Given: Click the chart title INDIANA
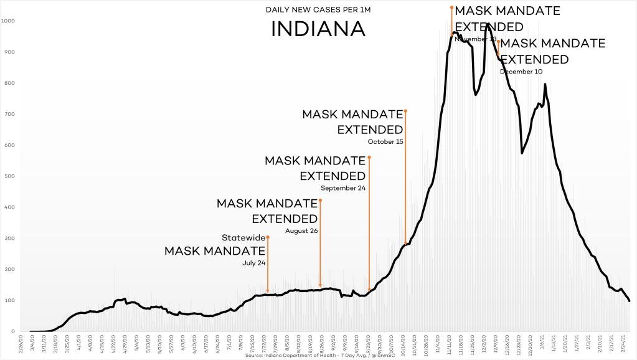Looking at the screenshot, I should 318,29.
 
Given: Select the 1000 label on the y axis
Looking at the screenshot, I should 8,21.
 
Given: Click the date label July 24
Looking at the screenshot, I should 254,263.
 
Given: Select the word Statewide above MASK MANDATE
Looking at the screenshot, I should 243,237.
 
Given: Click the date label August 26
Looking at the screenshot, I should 301,231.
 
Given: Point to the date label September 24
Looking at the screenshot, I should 342,188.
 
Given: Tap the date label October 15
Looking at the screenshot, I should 385,141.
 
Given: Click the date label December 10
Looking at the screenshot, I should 521,72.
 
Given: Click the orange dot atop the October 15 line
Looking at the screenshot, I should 406,111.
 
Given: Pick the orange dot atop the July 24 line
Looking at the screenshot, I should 268,237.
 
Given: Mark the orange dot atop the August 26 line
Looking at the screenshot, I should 320,200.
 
